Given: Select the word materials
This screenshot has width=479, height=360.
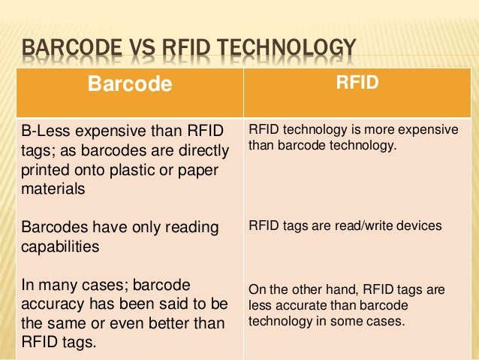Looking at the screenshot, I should [53, 189].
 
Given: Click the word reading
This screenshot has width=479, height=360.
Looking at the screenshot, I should [194, 227].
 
